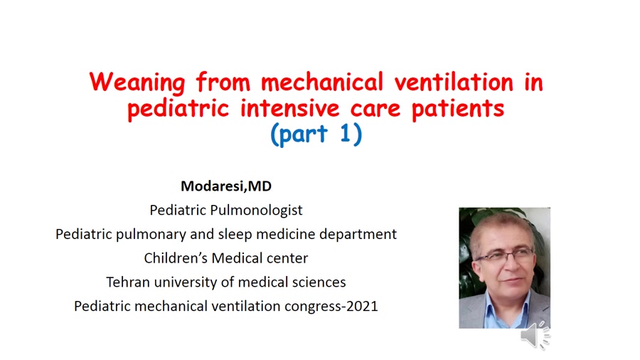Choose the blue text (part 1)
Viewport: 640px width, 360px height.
(316, 134)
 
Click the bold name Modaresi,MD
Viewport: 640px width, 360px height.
(226, 186)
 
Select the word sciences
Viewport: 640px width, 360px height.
(319, 282)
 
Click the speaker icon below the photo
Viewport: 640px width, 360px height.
(535, 336)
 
